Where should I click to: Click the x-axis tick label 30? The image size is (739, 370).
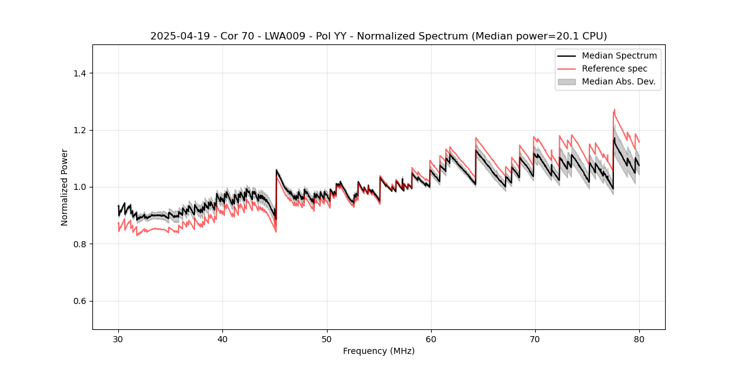pos(118,339)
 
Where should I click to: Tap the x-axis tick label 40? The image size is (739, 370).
pos(222,339)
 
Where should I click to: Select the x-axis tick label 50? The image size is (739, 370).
pos(326,339)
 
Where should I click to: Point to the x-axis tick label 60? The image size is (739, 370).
pos(430,339)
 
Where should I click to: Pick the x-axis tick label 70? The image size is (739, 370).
pos(535,339)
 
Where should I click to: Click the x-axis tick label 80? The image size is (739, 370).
pos(639,339)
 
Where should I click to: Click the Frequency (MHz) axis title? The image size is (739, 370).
pos(379,351)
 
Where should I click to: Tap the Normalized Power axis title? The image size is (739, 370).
pos(65,187)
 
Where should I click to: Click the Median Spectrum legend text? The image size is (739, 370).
pos(619,55)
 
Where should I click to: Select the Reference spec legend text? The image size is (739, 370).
pos(615,68)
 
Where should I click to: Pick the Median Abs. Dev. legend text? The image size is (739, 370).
pos(619,81)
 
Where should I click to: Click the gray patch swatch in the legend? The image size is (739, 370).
pos(567,81)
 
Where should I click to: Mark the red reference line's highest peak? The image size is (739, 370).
pos(614,110)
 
